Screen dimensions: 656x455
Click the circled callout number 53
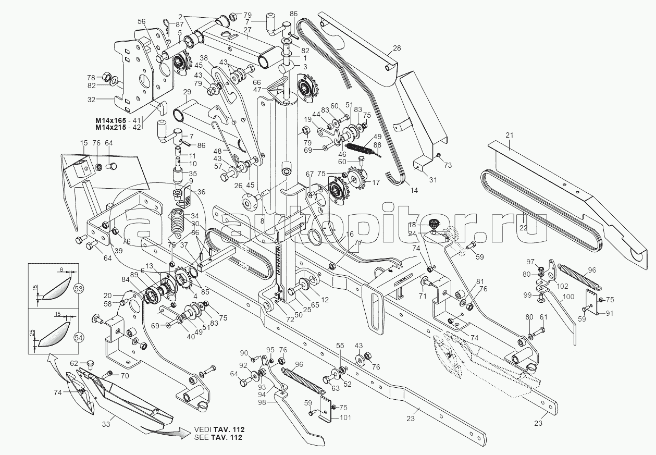coord(79,289)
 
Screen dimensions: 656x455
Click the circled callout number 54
coord(79,338)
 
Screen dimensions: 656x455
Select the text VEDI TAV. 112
coord(219,430)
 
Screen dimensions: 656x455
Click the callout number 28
coord(397,48)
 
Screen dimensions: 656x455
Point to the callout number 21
coord(509,136)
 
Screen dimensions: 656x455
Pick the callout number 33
coord(106,424)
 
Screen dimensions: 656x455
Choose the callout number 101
coord(345,417)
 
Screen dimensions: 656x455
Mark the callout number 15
coord(84,143)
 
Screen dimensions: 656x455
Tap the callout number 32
coord(91,100)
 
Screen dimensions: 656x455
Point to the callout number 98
coord(262,402)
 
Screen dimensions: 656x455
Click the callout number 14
coord(414,190)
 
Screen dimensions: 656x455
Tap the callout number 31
coord(433,180)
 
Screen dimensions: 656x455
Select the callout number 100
coord(568,297)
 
